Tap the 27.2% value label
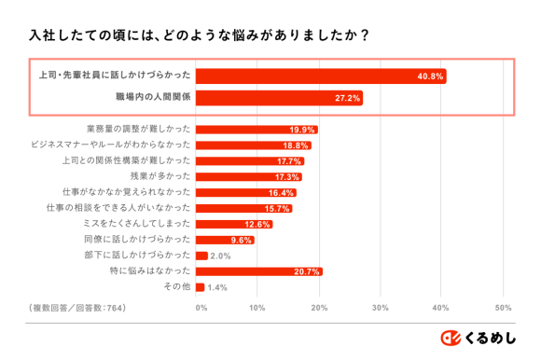347,98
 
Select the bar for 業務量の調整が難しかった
257,130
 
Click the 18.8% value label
296,145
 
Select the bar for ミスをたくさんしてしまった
234,225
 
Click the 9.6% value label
242,240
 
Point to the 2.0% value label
220,256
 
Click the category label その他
176,287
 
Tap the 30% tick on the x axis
380,307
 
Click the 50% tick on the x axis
502,307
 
